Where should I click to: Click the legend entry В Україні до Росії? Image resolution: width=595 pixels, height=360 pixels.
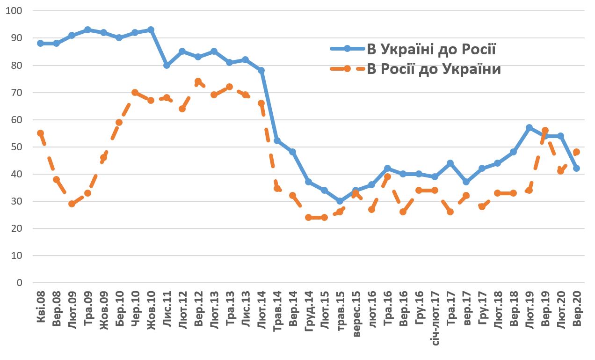(431, 49)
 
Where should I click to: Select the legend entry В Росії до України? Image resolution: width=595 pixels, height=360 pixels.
(434, 69)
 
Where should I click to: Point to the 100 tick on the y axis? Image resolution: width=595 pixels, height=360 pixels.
(16, 11)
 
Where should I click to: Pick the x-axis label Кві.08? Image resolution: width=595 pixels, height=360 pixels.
(41, 309)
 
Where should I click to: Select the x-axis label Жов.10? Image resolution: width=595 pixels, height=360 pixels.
(151, 309)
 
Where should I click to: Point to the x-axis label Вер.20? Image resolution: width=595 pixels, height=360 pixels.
(577, 309)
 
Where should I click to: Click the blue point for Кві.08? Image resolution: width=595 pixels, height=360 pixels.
(40, 43)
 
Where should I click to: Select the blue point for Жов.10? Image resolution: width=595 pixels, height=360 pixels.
(151, 30)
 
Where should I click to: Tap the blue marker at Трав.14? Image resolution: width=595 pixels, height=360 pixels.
(277, 141)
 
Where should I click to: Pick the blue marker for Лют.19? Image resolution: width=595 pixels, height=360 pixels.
(529, 128)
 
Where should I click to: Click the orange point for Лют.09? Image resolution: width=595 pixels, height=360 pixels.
(72, 204)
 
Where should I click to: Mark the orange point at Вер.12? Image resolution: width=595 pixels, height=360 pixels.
(198, 81)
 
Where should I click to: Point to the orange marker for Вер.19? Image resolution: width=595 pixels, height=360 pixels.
(545, 131)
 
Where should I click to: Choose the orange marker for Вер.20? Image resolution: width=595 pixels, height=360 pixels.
(576, 152)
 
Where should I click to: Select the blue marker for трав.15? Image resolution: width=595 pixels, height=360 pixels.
(340, 201)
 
